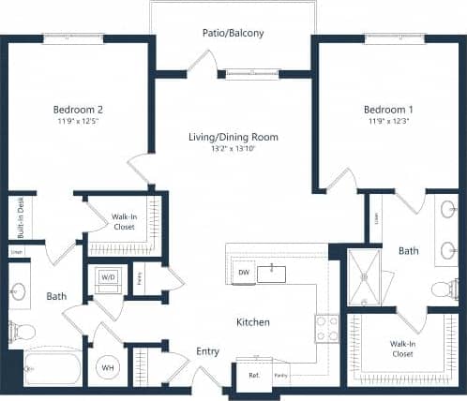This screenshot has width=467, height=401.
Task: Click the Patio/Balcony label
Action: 233,34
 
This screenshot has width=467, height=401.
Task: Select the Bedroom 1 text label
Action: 389,109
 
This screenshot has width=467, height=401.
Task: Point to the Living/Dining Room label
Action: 233,137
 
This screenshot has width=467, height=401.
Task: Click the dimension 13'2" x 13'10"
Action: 233,150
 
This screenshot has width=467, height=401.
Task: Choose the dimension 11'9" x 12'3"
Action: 389,122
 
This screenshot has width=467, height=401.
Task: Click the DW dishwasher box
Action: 243,273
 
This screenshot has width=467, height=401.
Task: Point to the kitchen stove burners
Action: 326,328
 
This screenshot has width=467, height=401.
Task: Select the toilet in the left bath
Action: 22,330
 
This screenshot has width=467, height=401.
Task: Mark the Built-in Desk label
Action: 21,217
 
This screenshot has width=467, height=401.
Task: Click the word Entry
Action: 207,351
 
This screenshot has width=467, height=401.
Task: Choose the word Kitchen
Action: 252,321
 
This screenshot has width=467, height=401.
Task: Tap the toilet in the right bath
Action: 445,289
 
